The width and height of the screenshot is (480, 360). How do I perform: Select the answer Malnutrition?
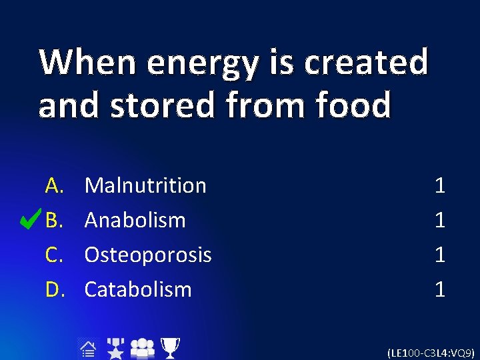click(x=145, y=185)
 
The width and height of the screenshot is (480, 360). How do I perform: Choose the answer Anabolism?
click(x=135, y=220)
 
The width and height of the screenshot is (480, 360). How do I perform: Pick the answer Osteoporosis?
click(x=148, y=255)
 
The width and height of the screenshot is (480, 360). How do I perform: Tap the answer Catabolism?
click(x=138, y=289)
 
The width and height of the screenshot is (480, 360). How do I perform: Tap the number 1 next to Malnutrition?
click(x=439, y=185)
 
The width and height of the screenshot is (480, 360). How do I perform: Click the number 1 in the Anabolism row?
click(x=439, y=220)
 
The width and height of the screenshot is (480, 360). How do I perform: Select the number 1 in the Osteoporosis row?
click(x=439, y=255)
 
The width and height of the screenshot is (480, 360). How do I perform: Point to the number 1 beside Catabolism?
click(x=439, y=289)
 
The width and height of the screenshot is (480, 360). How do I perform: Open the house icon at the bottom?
click(x=88, y=347)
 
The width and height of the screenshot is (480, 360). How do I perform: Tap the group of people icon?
click(x=143, y=348)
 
